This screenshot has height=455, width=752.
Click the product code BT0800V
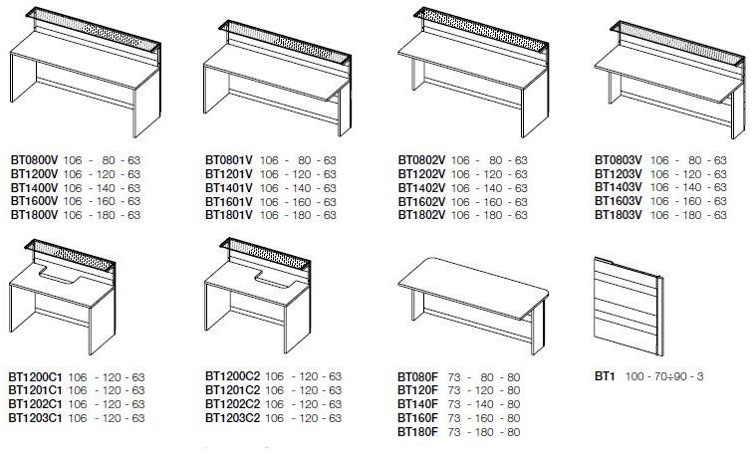(34, 160)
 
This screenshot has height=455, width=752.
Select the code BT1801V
(229, 215)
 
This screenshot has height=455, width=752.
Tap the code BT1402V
(421, 188)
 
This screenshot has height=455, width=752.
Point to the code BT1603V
(619, 201)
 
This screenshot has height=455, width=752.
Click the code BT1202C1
(36, 404)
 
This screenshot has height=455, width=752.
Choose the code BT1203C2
(233, 418)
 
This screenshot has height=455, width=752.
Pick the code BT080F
(417, 377)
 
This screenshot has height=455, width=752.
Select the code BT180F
(417, 432)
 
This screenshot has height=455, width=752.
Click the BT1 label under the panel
(605, 376)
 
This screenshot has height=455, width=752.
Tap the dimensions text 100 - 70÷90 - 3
(664, 376)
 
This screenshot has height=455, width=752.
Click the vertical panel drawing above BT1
(628, 307)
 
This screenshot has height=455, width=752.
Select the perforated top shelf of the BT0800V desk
(93, 29)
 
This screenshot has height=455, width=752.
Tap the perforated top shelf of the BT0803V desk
(677, 43)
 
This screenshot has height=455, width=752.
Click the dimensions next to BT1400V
(102, 188)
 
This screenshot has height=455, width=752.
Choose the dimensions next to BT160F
(484, 418)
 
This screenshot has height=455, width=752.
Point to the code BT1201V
(229, 174)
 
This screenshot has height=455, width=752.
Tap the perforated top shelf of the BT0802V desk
(480, 29)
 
